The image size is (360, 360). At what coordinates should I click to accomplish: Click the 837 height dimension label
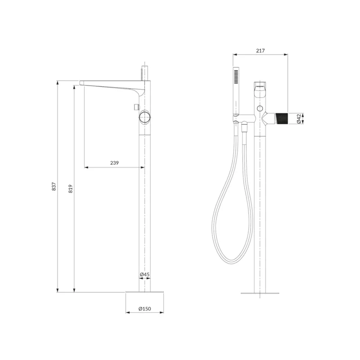point(54,186)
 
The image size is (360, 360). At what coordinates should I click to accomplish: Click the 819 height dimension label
point(71,189)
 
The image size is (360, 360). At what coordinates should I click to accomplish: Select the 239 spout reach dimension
point(114,163)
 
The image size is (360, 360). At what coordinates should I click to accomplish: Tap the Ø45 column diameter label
point(144,274)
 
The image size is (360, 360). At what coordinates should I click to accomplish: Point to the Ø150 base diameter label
point(144,309)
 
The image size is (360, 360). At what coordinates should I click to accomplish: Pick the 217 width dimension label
point(261,50)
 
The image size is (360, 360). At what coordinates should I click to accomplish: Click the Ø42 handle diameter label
point(299,119)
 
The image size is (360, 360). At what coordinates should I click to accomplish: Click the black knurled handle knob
point(282,119)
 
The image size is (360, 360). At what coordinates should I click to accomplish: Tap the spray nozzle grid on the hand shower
point(236,76)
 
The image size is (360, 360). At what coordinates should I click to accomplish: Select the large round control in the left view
point(144,117)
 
